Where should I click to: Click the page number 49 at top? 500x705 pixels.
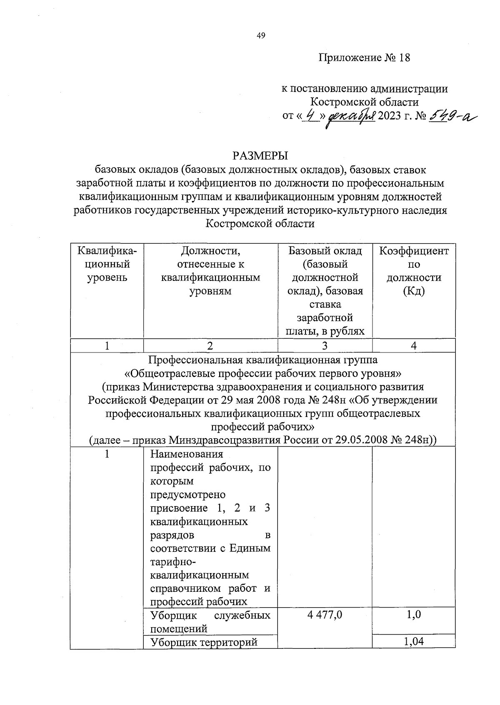point(260,36)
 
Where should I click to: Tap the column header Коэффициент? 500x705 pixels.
point(414,251)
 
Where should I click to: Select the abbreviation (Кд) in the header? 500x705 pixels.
point(414,291)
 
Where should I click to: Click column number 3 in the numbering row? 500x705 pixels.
point(325,346)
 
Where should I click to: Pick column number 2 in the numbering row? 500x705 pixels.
point(210,346)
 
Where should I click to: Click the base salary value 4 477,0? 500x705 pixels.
point(325,615)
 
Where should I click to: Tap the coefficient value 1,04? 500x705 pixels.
point(414,642)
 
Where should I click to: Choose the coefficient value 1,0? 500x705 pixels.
point(414,615)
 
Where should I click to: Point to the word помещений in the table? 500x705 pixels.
point(179,628)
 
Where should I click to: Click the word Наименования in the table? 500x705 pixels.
point(187,454)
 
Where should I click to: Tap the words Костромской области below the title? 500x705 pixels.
point(260,224)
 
